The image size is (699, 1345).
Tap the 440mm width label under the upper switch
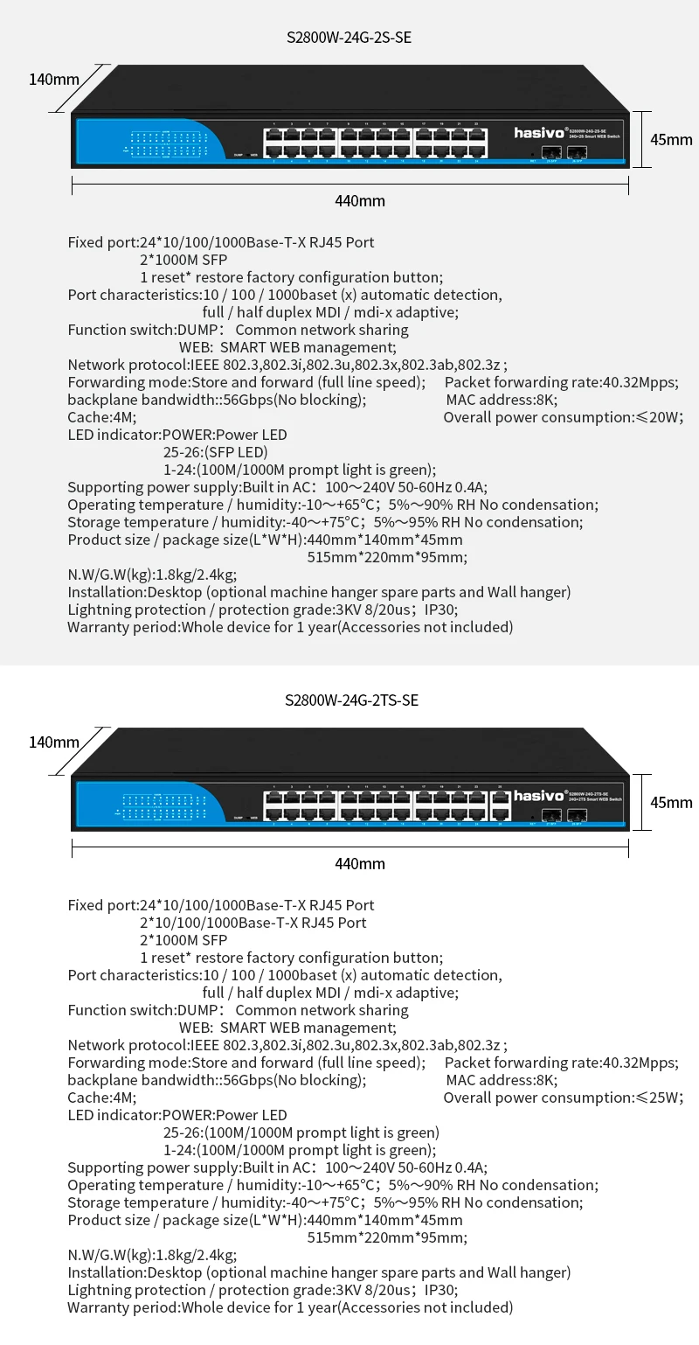click(x=360, y=201)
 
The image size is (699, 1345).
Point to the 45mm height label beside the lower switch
click(x=671, y=802)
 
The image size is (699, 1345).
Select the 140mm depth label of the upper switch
click(x=54, y=80)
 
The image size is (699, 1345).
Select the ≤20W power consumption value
click(x=658, y=417)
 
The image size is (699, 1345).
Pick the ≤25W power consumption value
click(x=658, y=1098)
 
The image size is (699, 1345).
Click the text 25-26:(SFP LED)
click(x=215, y=452)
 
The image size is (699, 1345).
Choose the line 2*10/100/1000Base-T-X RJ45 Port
click(x=253, y=923)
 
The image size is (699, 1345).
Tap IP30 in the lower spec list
click(x=440, y=1290)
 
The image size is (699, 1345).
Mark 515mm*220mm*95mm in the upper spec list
click(x=387, y=557)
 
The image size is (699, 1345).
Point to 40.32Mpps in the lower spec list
click(x=640, y=1063)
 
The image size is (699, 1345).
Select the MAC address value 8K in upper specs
click(x=547, y=400)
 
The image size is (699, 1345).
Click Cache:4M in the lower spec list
click(x=102, y=1098)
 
